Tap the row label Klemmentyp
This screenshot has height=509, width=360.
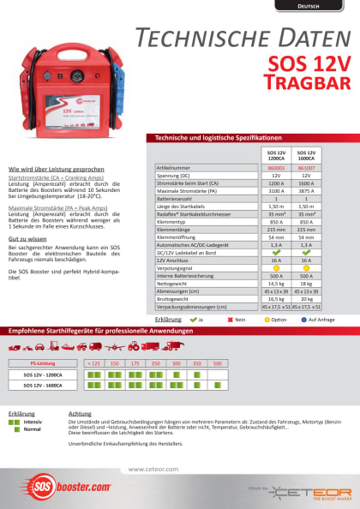click(x=171, y=221)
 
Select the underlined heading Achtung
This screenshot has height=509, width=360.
click(x=79, y=414)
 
